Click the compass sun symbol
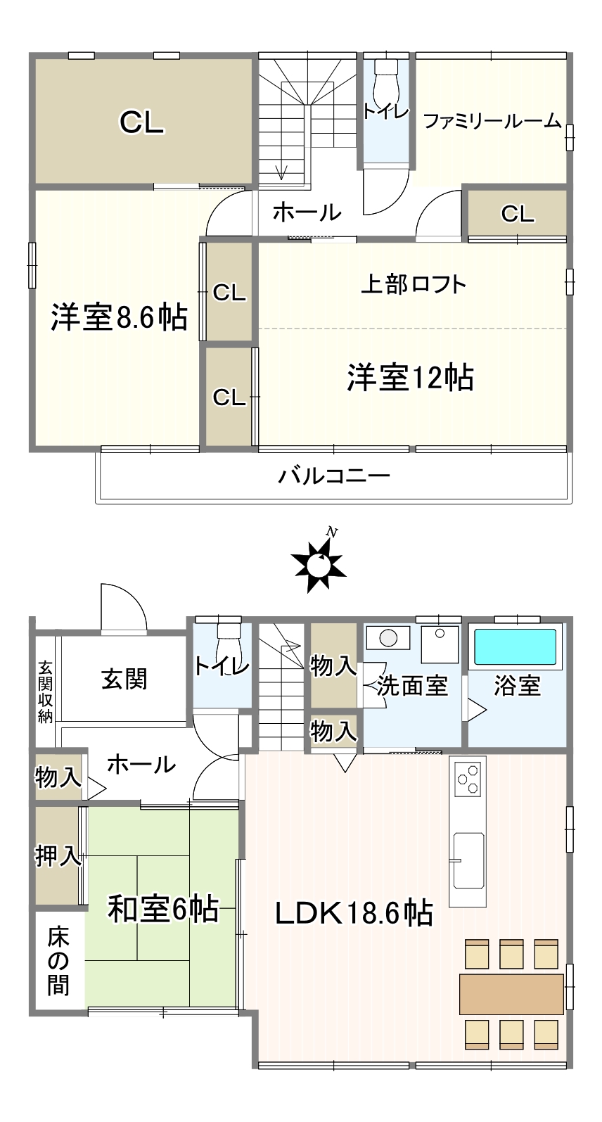click(x=319, y=564)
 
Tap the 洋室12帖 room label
click(x=411, y=378)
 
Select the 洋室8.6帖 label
click(x=119, y=317)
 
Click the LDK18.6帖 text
click(x=354, y=913)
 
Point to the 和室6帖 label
click(x=163, y=909)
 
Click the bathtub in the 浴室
click(x=515, y=646)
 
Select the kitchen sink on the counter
click(x=469, y=860)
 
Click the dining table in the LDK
click(x=511, y=994)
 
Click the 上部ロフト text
click(x=414, y=284)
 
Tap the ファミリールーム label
click(x=492, y=121)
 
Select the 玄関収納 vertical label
click(x=46, y=692)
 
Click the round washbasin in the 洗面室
click(x=388, y=638)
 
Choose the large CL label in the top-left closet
click(x=142, y=122)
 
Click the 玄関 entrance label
click(x=124, y=680)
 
